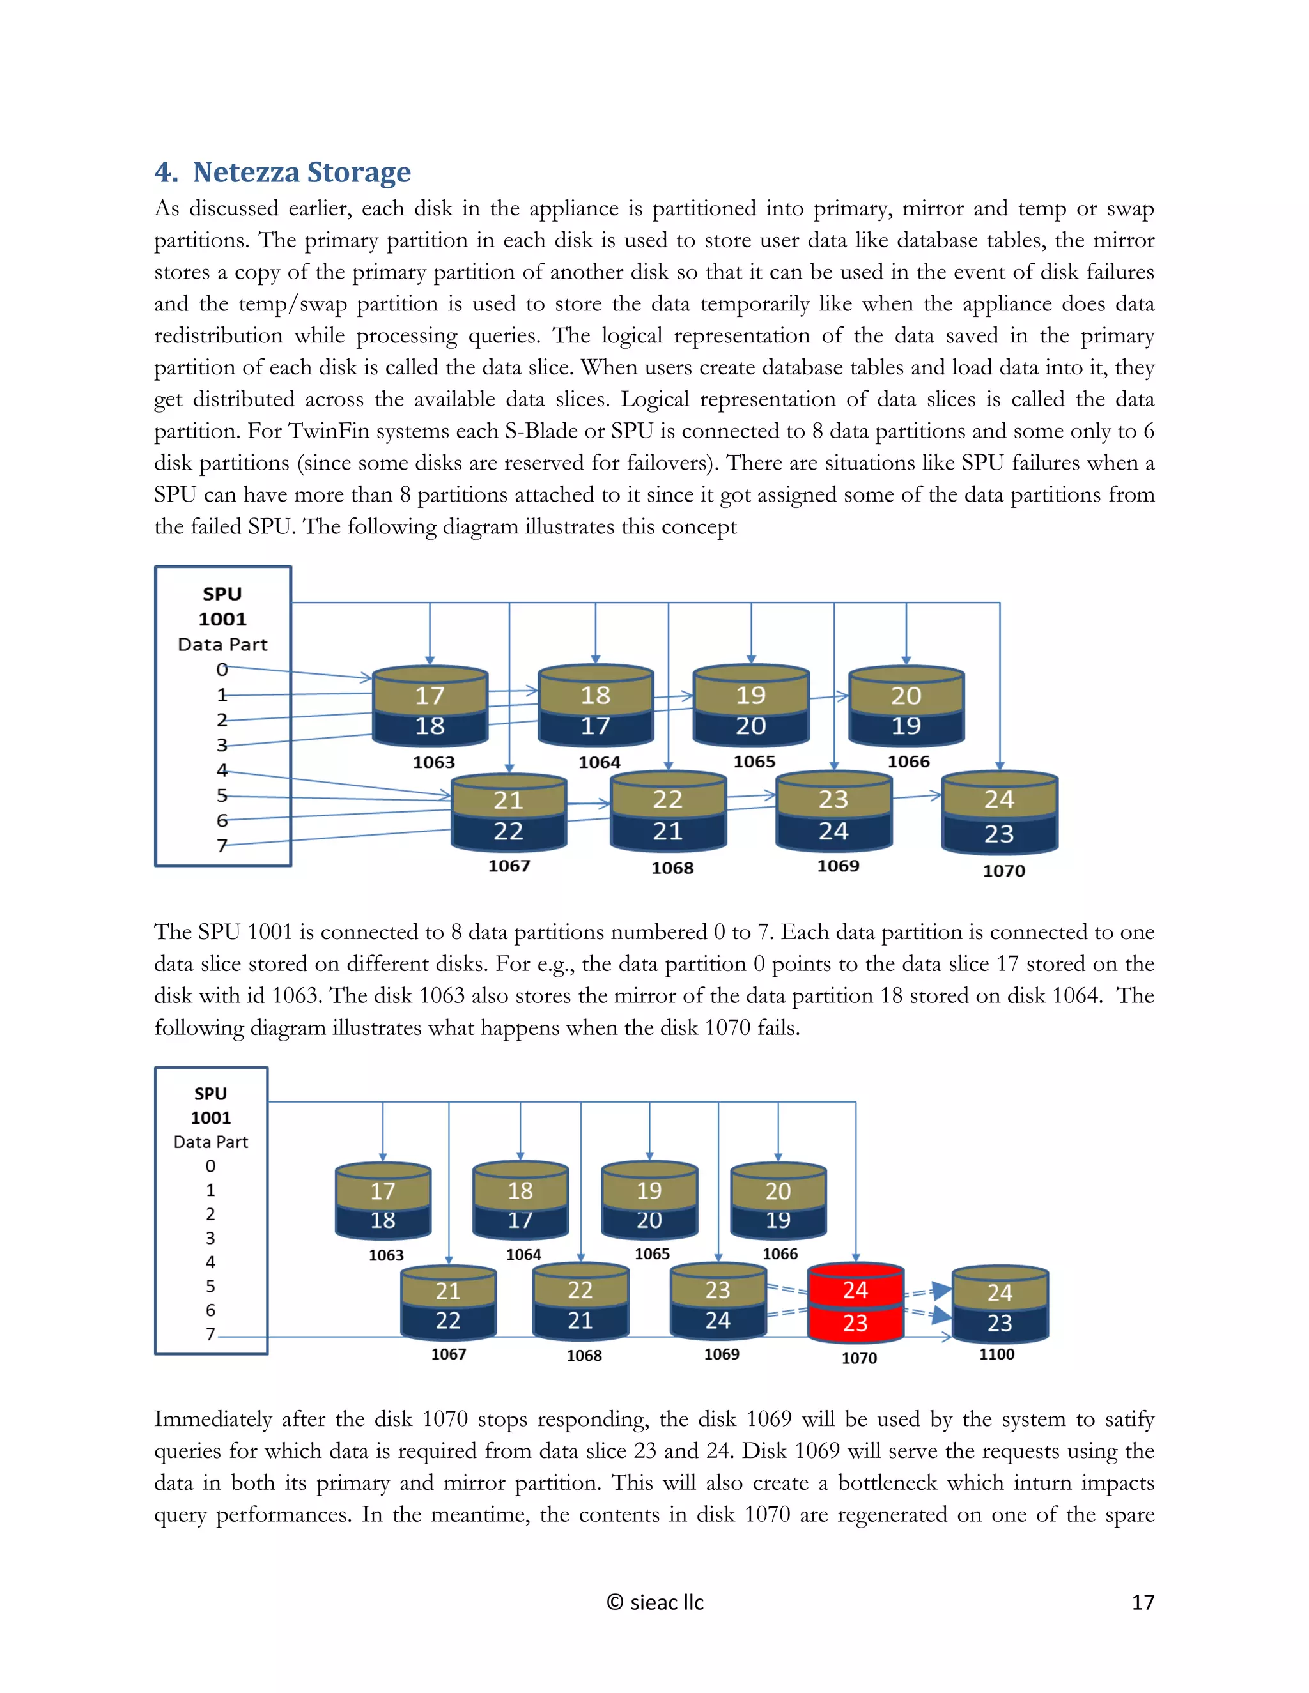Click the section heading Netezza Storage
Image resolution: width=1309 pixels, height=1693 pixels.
[x=301, y=172]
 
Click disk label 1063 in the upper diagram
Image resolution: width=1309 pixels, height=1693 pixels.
[x=433, y=762]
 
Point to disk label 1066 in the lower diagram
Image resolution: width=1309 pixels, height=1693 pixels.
[x=779, y=1253]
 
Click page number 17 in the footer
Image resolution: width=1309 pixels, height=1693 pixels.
[x=1142, y=1602]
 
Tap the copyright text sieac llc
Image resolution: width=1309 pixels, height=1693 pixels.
[x=655, y=1602]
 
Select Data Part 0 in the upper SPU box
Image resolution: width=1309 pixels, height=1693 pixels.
[x=222, y=670]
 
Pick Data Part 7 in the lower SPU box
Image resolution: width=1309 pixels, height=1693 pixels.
[x=210, y=1334]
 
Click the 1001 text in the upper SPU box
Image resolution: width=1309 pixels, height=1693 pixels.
[x=222, y=619]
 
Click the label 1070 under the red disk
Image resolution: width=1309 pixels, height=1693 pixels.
[x=859, y=1358]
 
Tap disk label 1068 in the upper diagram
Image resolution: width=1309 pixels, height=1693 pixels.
[x=672, y=868]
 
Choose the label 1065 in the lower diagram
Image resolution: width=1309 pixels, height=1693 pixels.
[x=651, y=1253]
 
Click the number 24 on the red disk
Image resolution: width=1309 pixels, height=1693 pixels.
[x=855, y=1290]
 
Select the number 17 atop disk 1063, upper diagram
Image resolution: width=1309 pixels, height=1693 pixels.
[x=430, y=695]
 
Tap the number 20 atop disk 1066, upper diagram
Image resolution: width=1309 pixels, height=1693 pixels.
[x=906, y=695]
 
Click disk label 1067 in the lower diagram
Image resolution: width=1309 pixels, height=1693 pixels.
[x=448, y=1354]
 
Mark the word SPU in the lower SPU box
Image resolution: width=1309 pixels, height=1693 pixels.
[x=210, y=1094]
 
